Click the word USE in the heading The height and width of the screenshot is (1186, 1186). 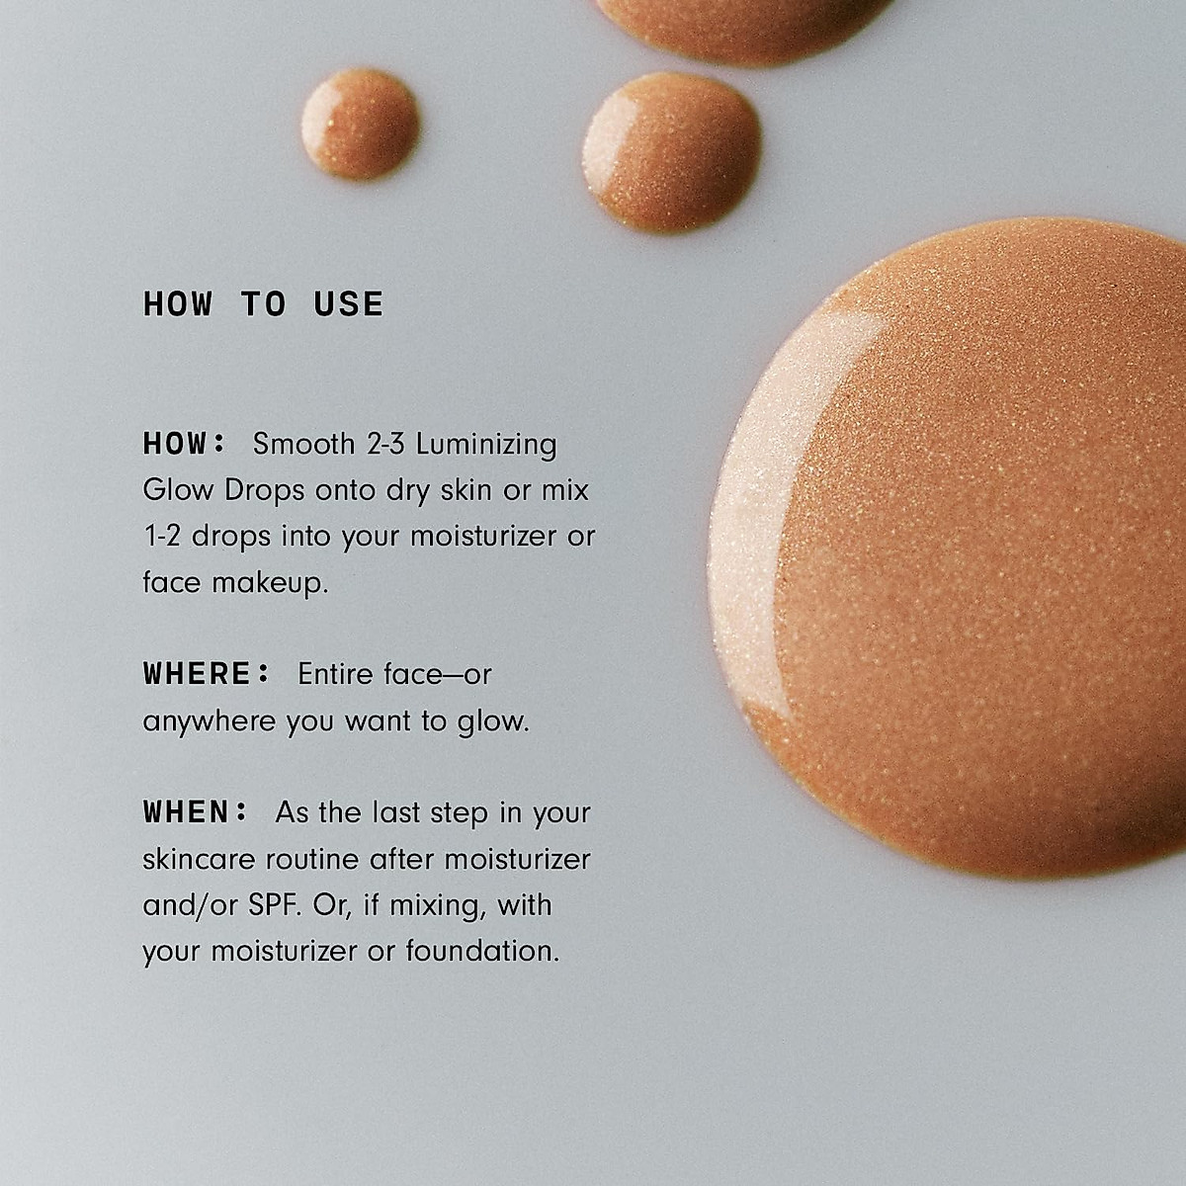point(349,304)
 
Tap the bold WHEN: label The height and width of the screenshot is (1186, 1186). point(196,812)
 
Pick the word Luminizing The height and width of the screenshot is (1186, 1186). point(486,445)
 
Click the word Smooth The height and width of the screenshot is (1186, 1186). point(303,443)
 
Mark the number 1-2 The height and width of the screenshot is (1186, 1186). point(162,536)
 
